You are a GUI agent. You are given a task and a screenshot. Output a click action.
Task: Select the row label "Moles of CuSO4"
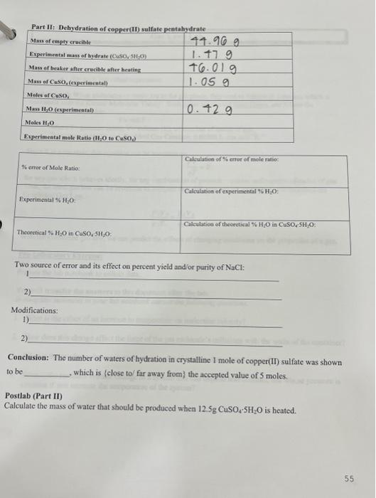click(48, 95)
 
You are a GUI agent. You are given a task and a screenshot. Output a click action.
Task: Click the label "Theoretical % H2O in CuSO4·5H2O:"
click(63, 233)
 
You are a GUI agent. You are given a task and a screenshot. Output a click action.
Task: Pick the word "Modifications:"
click(34, 311)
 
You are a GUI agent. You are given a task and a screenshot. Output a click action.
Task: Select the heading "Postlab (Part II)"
click(35, 396)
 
